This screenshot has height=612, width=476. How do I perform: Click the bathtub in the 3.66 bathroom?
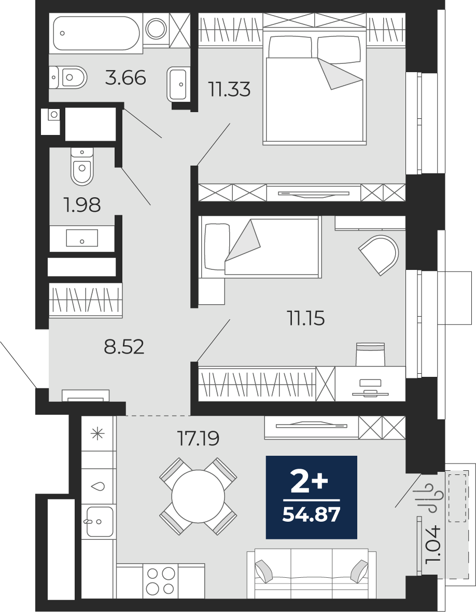(95, 33)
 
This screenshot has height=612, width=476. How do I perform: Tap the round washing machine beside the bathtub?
(156, 28)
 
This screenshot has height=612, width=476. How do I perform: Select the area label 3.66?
(125, 78)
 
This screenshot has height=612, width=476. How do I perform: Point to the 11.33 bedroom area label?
(229, 89)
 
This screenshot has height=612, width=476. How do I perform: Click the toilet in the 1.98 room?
(82, 167)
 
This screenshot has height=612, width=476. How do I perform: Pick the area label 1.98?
(82, 205)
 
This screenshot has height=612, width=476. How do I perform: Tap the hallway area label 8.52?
(124, 346)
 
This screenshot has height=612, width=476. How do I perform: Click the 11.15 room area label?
(306, 318)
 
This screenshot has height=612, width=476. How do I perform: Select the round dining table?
(198, 496)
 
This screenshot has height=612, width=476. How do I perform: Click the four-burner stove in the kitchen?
(160, 580)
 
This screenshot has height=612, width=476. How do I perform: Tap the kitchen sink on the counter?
(100, 522)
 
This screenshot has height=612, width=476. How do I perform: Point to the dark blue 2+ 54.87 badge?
(312, 496)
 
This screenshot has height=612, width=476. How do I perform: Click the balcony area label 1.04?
(433, 545)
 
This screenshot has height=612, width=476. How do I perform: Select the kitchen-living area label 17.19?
(198, 438)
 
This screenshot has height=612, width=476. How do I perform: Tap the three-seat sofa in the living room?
(312, 574)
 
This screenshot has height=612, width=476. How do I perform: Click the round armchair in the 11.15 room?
(379, 255)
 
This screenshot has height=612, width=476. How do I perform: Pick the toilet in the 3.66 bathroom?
(68, 77)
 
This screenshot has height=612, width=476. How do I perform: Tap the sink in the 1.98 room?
(82, 238)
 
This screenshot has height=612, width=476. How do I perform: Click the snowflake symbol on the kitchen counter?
(97, 433)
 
